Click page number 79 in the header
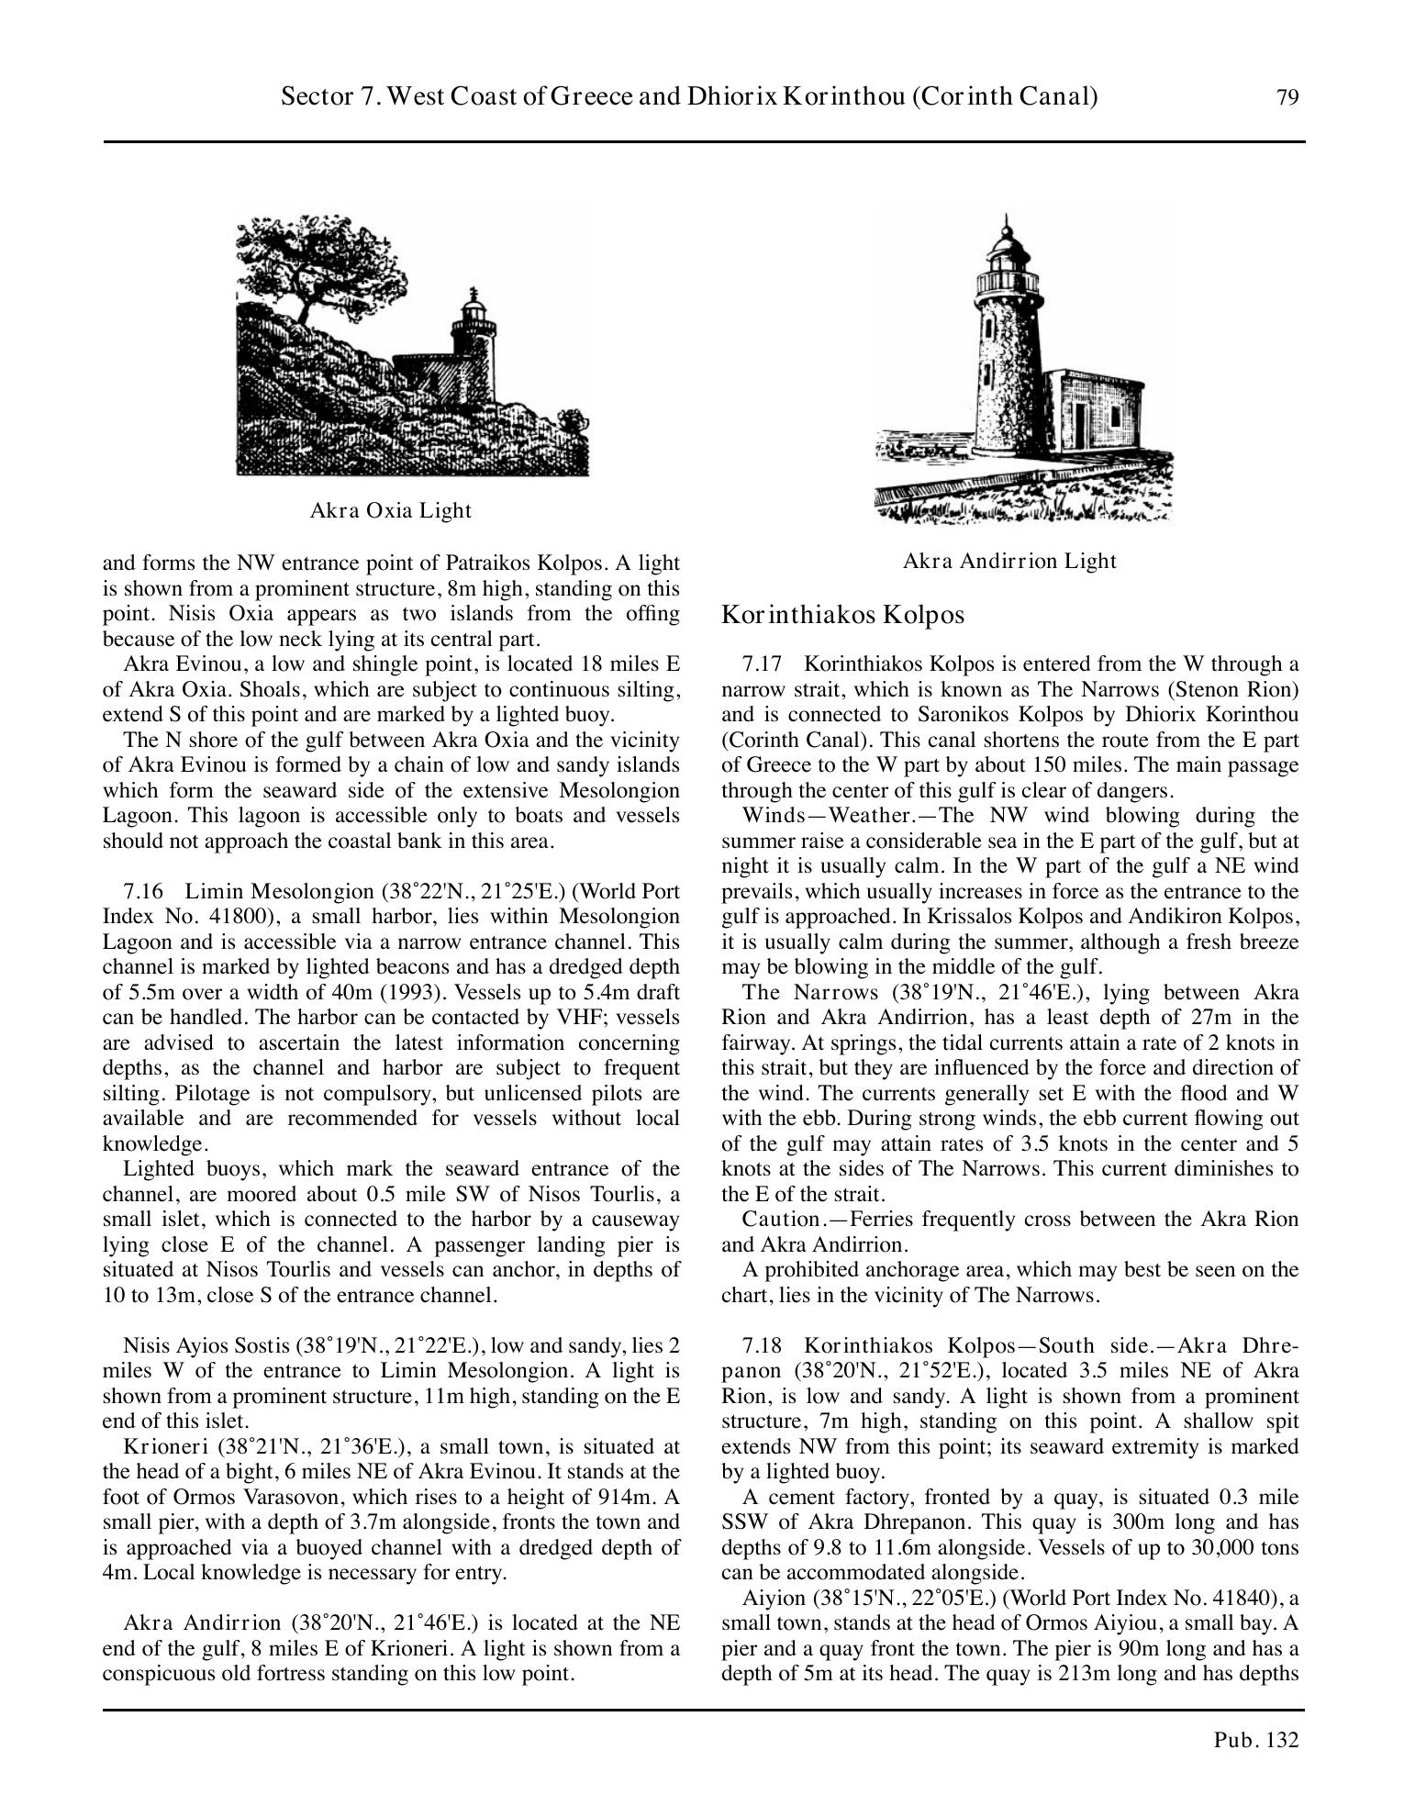[1287, 97]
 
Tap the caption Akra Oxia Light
[391, 510]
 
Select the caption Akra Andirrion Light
[1009, 561]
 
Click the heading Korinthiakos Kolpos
[842, 615]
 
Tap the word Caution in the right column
[780, 1220]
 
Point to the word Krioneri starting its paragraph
[158, 1447]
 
